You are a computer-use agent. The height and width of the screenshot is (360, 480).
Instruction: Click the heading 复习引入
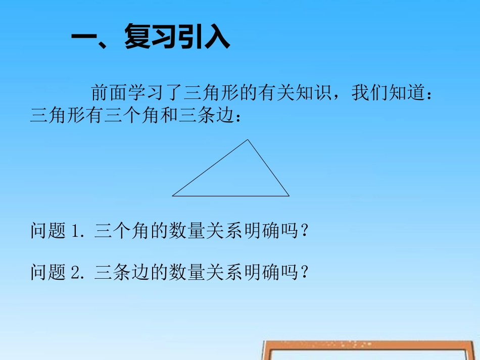(x=177, y=38)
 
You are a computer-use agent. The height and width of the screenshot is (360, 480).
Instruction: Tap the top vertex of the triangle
(x=248, y=140)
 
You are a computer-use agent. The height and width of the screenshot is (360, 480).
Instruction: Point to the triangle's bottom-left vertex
(x=173, y=195)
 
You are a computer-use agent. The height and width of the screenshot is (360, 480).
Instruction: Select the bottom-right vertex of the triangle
(x=289, y=195)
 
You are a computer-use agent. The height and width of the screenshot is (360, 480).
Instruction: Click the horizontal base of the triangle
(x=231, y=195)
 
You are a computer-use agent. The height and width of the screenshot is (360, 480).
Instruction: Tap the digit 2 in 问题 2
(x=77, y=273)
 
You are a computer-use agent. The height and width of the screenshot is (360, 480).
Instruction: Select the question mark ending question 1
(x=304, y=232)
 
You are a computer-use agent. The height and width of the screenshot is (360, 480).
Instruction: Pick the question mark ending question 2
(x=304, y=273)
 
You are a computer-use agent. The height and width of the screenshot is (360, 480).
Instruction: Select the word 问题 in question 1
(x=49, y=232)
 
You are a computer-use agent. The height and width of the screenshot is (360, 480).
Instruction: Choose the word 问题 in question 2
(x=49, y=273)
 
